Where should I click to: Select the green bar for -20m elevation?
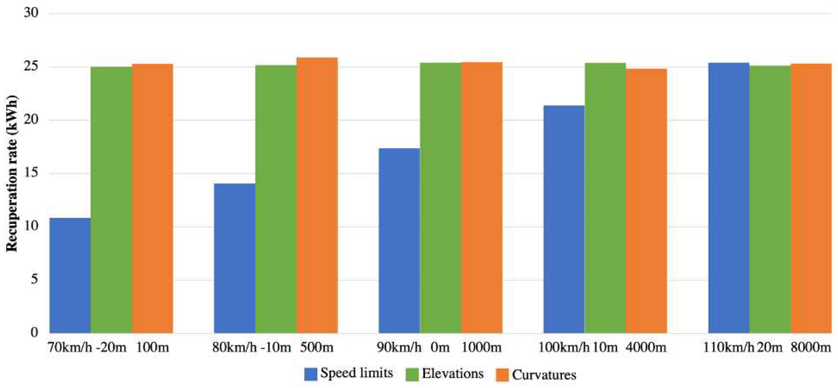click(111, 200)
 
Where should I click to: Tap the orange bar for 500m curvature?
click(317, 195)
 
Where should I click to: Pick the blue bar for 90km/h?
click(400, 240)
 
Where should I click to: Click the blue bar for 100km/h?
click(564, 219)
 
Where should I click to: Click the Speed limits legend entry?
click(349, 374)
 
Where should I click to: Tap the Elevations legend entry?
click(445, 374)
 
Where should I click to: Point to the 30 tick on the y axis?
click(31, 13)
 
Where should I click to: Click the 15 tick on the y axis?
click(31, 173)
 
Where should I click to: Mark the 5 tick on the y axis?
click(34, 279)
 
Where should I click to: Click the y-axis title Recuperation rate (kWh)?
click(12, 173)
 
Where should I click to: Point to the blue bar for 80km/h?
click(235, 258)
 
